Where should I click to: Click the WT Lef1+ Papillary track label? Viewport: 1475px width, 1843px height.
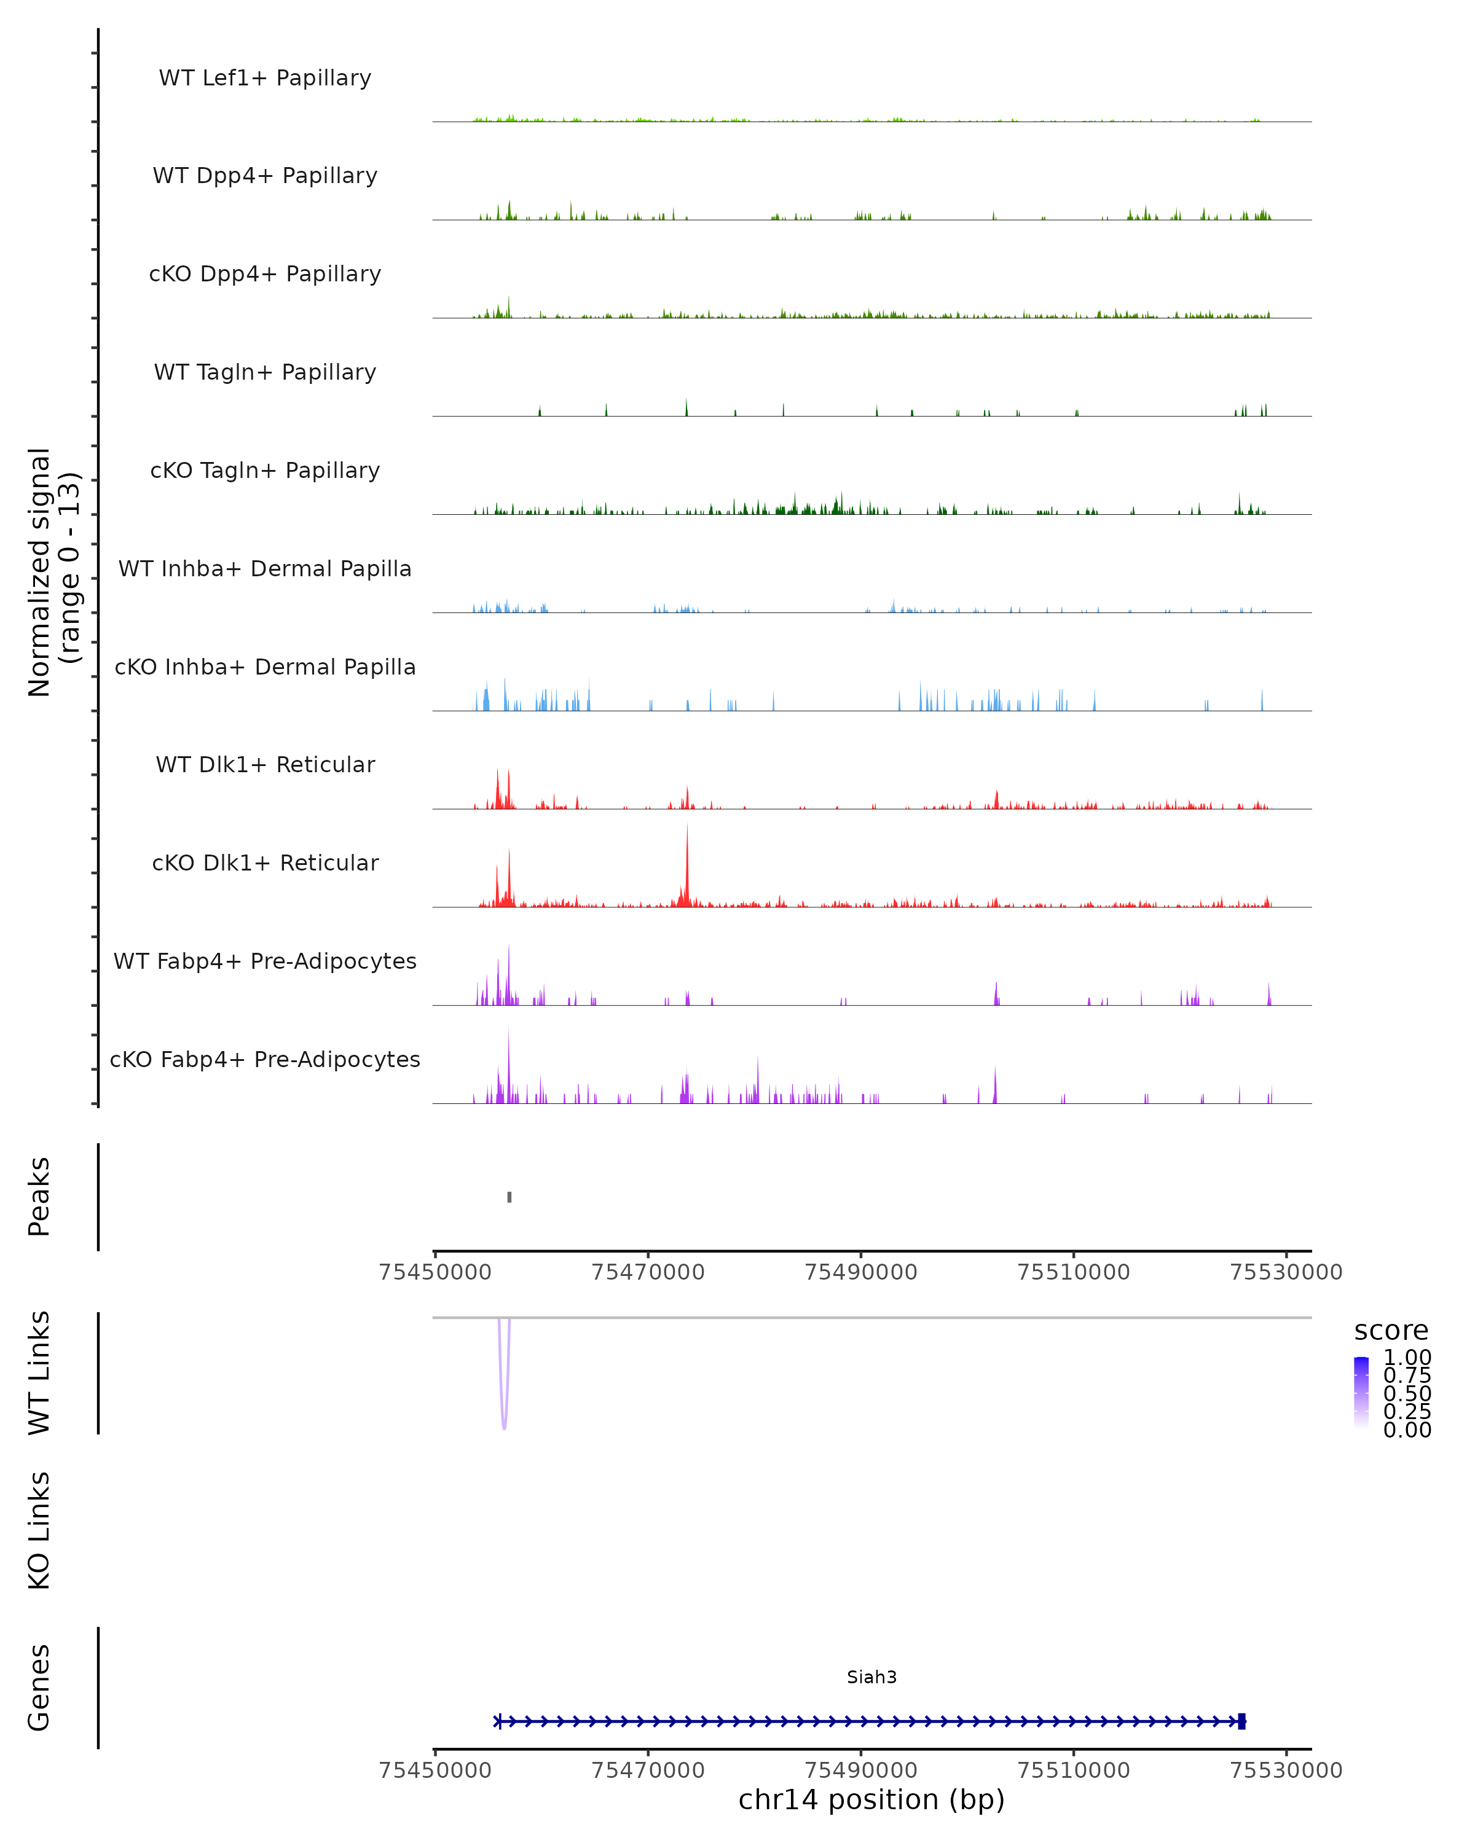tap(265, 78)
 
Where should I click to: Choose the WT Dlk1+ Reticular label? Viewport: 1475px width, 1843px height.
tap(265, 764)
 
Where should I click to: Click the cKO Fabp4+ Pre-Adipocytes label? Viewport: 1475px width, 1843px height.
tap(265, 1059)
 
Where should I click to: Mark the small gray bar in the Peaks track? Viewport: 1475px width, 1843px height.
tap(509, 1197)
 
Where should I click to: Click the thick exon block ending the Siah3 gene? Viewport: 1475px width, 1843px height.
tap(1241, 1721)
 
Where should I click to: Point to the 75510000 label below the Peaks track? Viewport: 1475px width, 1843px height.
tap(1073, 1272)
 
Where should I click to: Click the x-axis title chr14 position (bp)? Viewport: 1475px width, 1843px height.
tap(871, 1799)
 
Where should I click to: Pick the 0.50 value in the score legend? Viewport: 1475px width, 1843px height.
tap(1407, 1393)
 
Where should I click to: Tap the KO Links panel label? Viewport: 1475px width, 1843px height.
tap(39, 1530)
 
